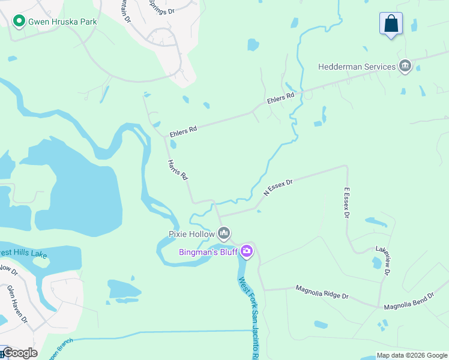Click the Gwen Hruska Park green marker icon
click(x=19, y=22)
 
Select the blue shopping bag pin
click(x=391, y=24)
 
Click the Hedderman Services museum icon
click(x=405, y=67)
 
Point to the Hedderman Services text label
click(x=357, y=67)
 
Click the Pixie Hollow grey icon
click(x=224, y=232)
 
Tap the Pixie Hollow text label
click(x=191, y=233)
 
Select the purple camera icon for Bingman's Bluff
click(x=246, y=252)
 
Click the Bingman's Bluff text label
click(x=208, y=252)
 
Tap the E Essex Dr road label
click(x=346, y=203)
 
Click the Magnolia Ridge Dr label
click(x=322, y=292)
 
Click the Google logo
click(x=20, y=353)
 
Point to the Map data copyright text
click(x=412, y=355)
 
